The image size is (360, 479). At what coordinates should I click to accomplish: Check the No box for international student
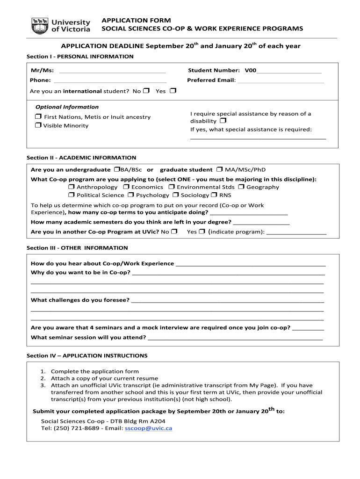click(146, 91)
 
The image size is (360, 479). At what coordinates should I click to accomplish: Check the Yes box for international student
click(173, 91)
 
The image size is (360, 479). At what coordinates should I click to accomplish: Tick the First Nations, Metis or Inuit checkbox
click(38, 116)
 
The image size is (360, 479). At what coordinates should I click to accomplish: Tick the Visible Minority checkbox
click(38, 125)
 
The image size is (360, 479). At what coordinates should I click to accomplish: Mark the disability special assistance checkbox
click(222, 121)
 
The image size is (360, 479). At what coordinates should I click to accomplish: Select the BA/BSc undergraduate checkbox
click(116, 169)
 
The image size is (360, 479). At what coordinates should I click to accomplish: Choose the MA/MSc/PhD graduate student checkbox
click(219, 169)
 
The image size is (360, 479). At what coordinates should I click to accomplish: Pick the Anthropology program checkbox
click(71, 187)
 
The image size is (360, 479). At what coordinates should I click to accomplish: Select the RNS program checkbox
click(214, 195)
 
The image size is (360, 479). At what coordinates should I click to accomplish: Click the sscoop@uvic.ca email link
click(149, 428)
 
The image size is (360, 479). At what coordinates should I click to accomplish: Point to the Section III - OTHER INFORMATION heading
click(77, 248)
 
